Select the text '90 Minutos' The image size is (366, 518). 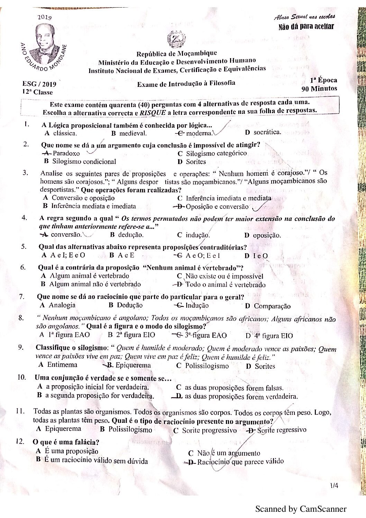click(x=319, y=88)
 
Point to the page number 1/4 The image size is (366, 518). click(x=334, y=486)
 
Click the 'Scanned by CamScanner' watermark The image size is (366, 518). click(x=301, y=509)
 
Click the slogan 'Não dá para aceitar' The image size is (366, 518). click(x=306, y=27)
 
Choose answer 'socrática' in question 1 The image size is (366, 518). click(x=267, y=132)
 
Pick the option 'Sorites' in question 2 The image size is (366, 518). click(x=196, y=162)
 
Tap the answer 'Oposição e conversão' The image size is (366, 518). click(x=217, y=207)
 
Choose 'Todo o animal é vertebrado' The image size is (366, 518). click(x=226, y=285)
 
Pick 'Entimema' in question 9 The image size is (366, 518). click(x=62, y=364)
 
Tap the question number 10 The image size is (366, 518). click(x=21, y=377)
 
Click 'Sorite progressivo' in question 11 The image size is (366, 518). click(x=209, y=430)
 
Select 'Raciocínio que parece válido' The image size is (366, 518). click(x=240, y=461)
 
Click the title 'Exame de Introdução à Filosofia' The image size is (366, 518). click(x=186, y=83)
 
